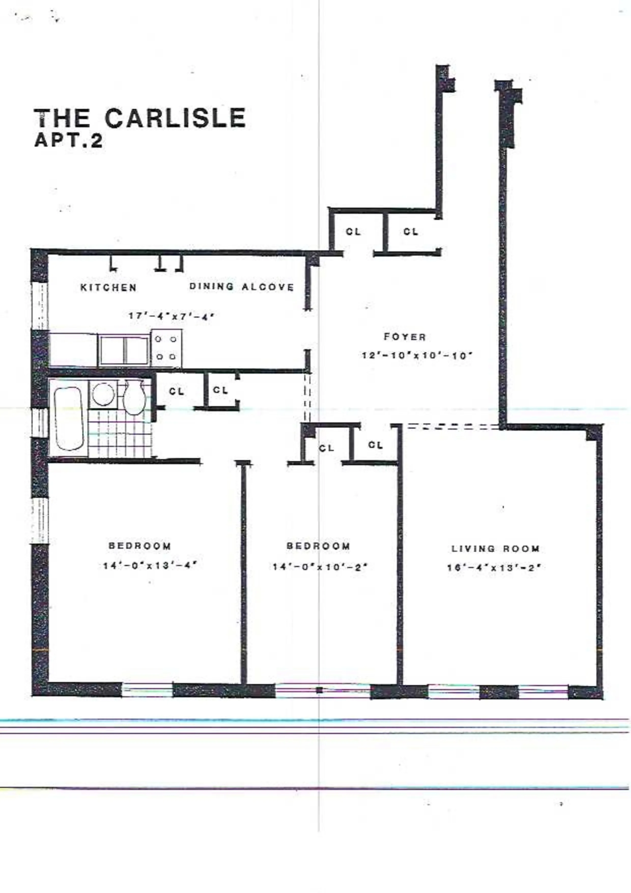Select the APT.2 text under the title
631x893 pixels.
tap(68, 141)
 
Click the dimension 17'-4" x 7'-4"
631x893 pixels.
tap(172, 316)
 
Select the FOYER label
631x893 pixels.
tap(405, 337)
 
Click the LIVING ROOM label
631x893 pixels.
tap(495, 549)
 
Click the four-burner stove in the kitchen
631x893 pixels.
tap(166, 348)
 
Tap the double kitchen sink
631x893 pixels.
tap(124, 350)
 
